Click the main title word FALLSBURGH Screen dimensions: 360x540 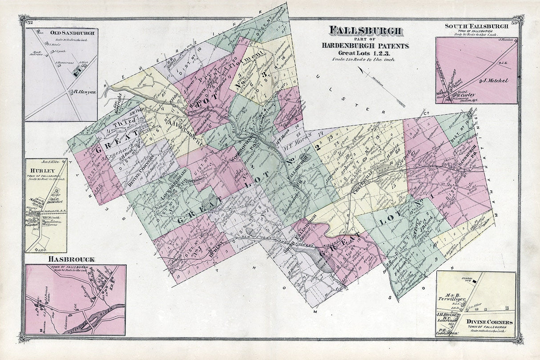[366, 31]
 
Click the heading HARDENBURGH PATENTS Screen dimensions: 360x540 [366, 45]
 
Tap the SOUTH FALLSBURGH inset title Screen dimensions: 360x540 [476, 26]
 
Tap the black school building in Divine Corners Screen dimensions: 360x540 [475, 282]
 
